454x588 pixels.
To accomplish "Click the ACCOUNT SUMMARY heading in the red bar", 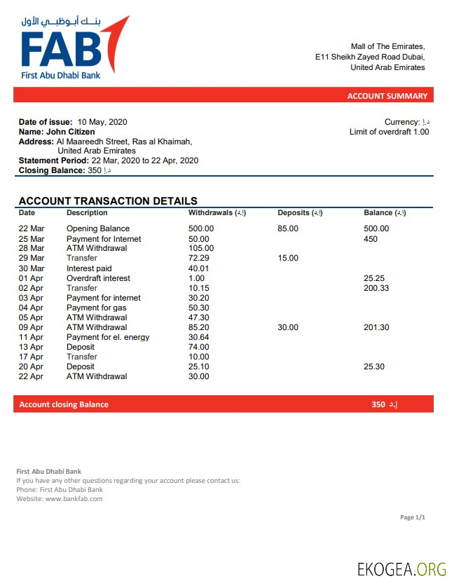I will [387, 96].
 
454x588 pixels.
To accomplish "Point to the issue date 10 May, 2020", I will [102, 122].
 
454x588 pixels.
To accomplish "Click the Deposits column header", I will [300, 212].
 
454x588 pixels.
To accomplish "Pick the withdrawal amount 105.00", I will [201, 248].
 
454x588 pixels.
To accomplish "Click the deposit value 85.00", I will [288, 228].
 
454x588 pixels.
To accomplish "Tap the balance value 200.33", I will [376, 288].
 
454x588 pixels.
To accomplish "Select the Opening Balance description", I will [98, 228].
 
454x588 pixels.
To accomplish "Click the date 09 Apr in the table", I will [31, 327].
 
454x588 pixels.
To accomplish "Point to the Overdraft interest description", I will [98, 278].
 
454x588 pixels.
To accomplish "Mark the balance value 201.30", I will [376, 327].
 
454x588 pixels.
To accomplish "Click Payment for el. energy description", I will [108, 337].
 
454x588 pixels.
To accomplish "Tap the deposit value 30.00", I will [288, 327].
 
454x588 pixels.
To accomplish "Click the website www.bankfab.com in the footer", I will [74, 499].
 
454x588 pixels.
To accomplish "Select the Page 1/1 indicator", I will [413, 517].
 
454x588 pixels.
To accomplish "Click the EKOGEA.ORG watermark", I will [401, 568].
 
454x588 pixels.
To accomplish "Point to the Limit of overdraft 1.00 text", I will [389, 132].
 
